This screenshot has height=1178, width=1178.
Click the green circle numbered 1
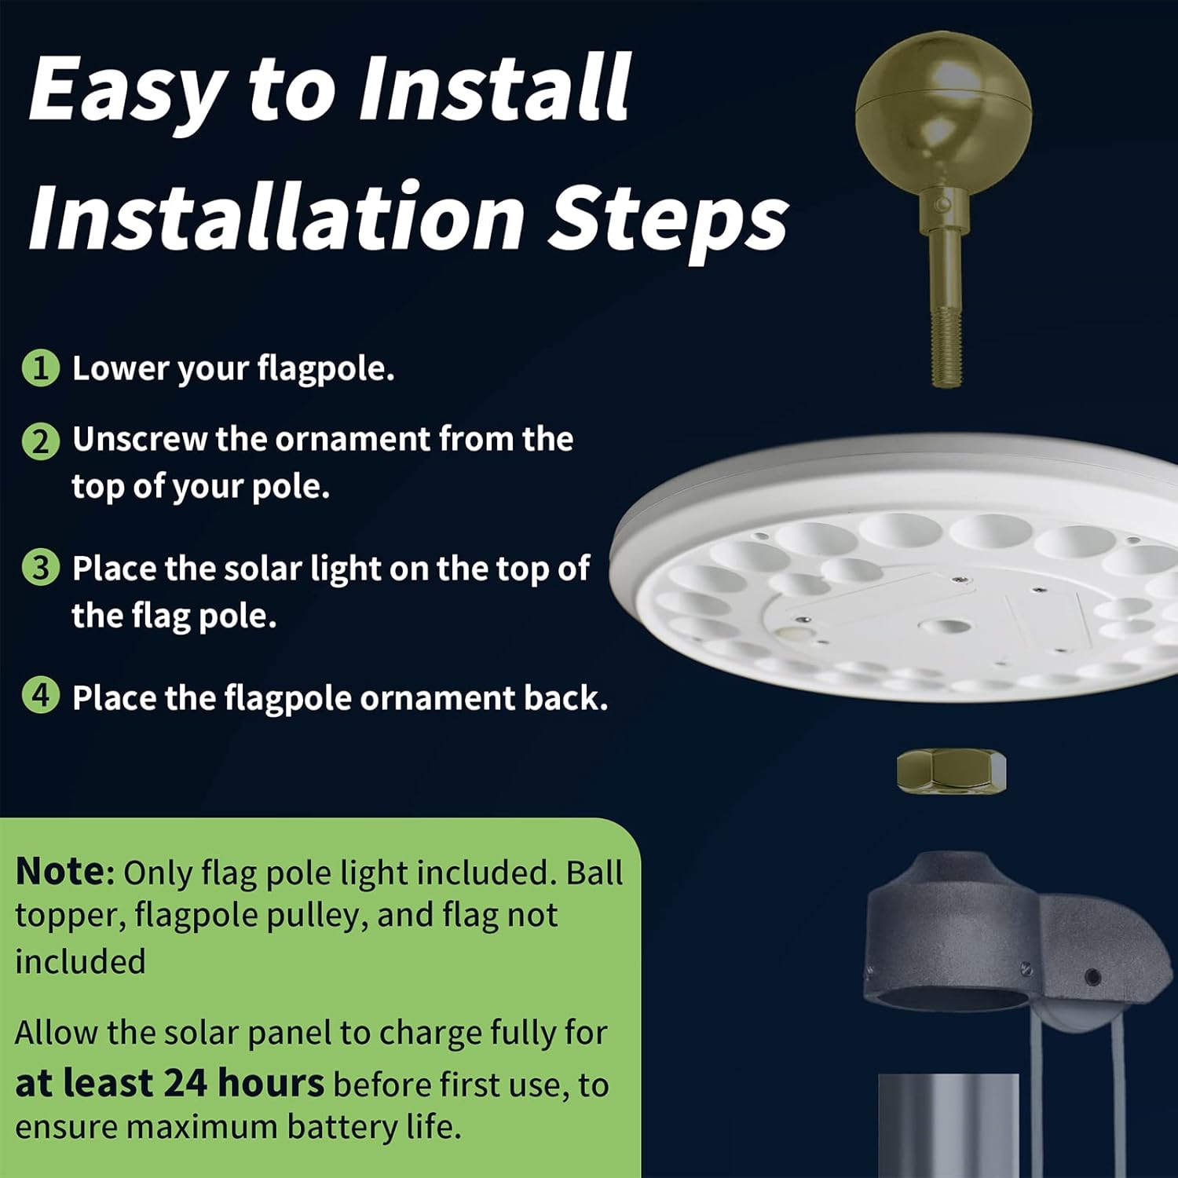(40, 368)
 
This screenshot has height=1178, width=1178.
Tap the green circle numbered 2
(40, 441)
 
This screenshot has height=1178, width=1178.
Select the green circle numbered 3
(40, 568)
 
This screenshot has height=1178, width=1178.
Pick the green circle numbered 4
(40, 696)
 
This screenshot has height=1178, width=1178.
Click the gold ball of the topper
(942, 110)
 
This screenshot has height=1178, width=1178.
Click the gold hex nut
(951, 770)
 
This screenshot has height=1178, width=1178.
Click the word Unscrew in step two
(140, 439)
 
